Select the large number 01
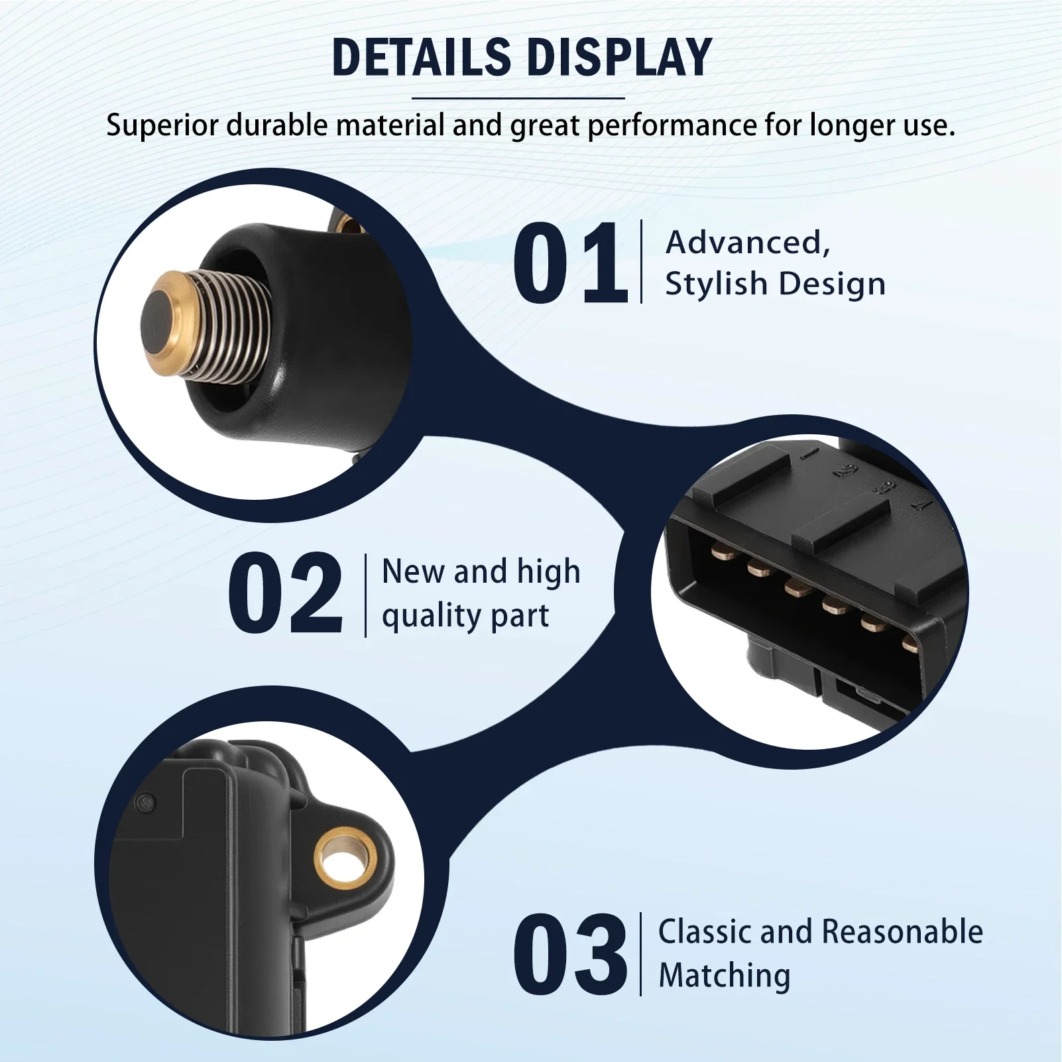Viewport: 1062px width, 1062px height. pos(570,263)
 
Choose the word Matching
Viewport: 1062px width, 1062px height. pos(725,975)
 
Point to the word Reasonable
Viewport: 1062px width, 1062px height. pos(905,931)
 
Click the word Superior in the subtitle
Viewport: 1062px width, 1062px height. pos(162,125)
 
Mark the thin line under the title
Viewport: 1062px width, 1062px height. pos(518,98)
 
